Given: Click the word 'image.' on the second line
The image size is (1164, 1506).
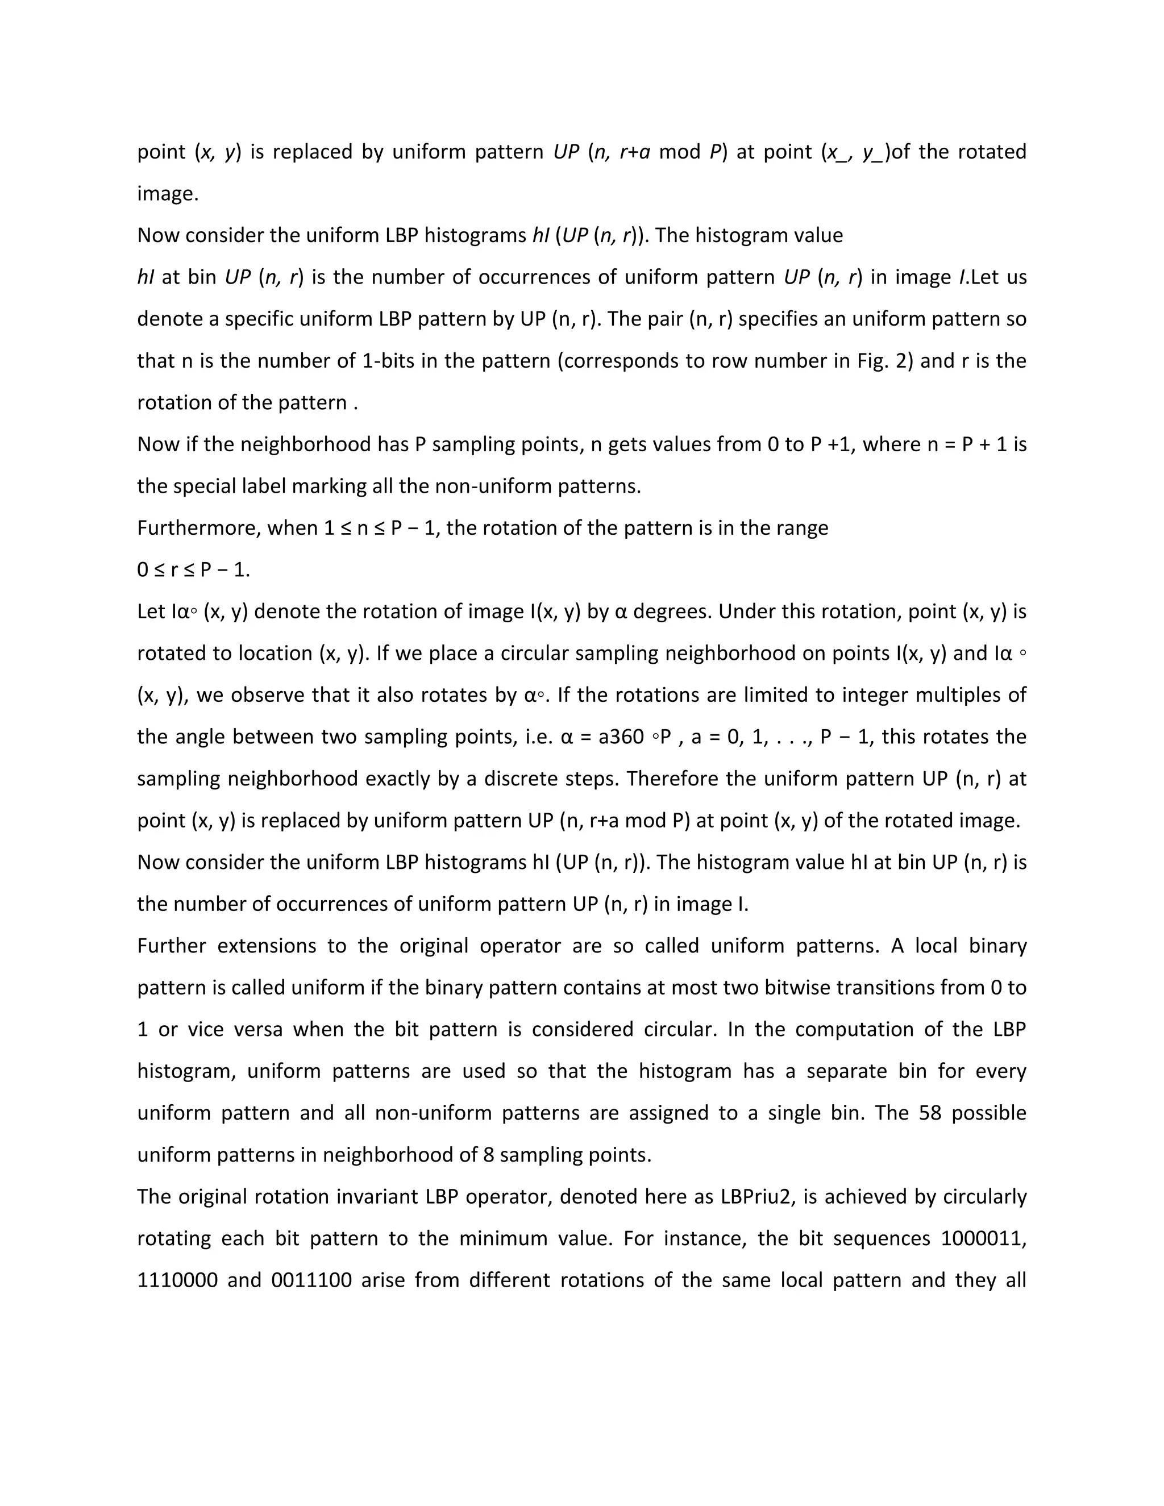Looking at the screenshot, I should [x=168, y=194].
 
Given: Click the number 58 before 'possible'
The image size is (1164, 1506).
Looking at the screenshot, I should [x=929, y=1113].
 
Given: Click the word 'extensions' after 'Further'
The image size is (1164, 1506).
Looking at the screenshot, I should [x=272, y=946].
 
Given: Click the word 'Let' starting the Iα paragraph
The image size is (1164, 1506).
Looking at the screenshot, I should [x=150, y=611].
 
